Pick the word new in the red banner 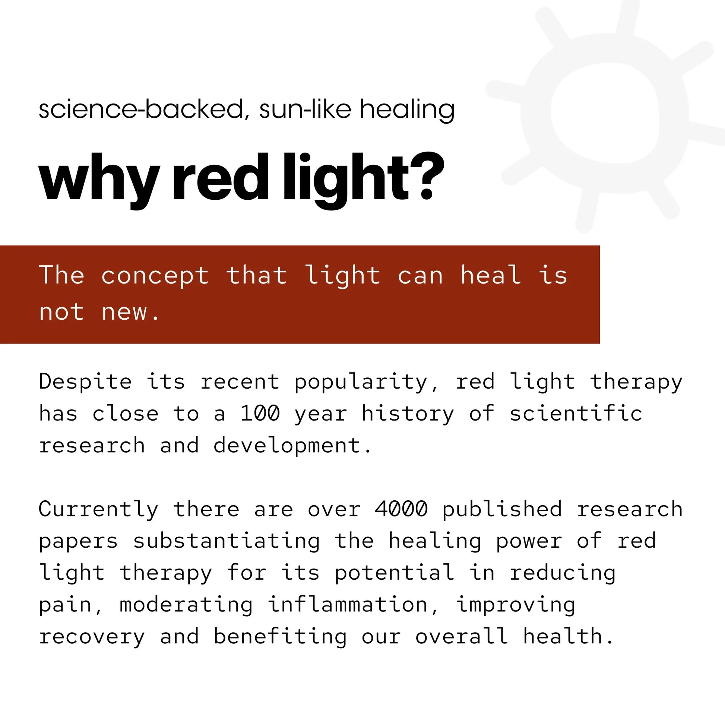pos(124,312)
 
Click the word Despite pos(86,382)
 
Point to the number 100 pos(260,414)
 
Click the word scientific pos(576,414)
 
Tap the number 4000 pos(401,509)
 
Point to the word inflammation pos(348,605)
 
